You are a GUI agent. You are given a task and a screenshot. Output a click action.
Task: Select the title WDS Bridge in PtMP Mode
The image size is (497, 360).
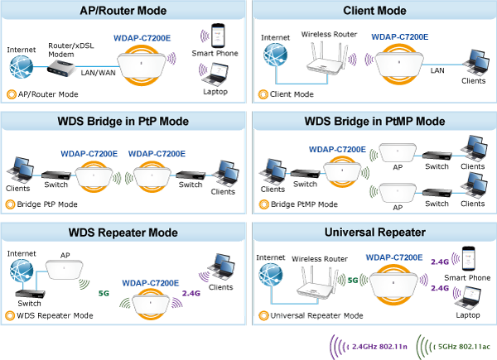[x=375, y=121]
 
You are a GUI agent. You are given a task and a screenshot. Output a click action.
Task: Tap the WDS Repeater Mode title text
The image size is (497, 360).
[x=123, y=233]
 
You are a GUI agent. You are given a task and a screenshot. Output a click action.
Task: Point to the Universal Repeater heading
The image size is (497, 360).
[x=375, y=233]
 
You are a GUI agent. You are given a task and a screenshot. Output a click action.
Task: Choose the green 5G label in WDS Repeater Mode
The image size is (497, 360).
[x=104, y=292]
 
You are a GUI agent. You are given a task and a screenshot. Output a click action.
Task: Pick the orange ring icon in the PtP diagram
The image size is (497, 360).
[x=11, y=203]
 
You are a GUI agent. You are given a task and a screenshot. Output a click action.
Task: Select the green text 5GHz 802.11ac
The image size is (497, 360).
[x=465, y=346]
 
